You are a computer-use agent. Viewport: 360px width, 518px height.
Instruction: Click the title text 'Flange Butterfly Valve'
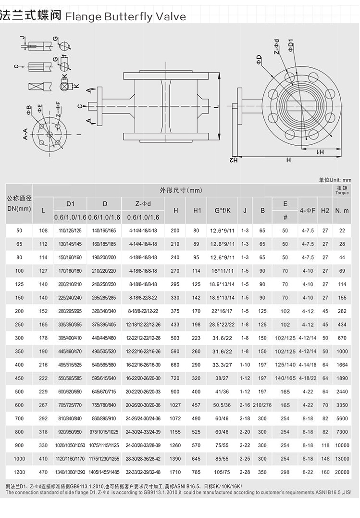[x=125, y=17]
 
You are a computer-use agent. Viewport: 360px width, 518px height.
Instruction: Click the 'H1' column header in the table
[x=197, y=210]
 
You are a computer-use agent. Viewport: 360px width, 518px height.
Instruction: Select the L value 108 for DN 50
[x=43, y=231]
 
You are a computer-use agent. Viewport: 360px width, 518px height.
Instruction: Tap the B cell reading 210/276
[x=262, y=405]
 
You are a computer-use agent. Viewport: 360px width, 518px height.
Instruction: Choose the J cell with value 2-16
[x=245, y=405]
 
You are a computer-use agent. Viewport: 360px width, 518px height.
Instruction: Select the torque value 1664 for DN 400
[x=342, y=365]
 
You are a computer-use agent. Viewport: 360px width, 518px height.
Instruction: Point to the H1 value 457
[x=197, y=405]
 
